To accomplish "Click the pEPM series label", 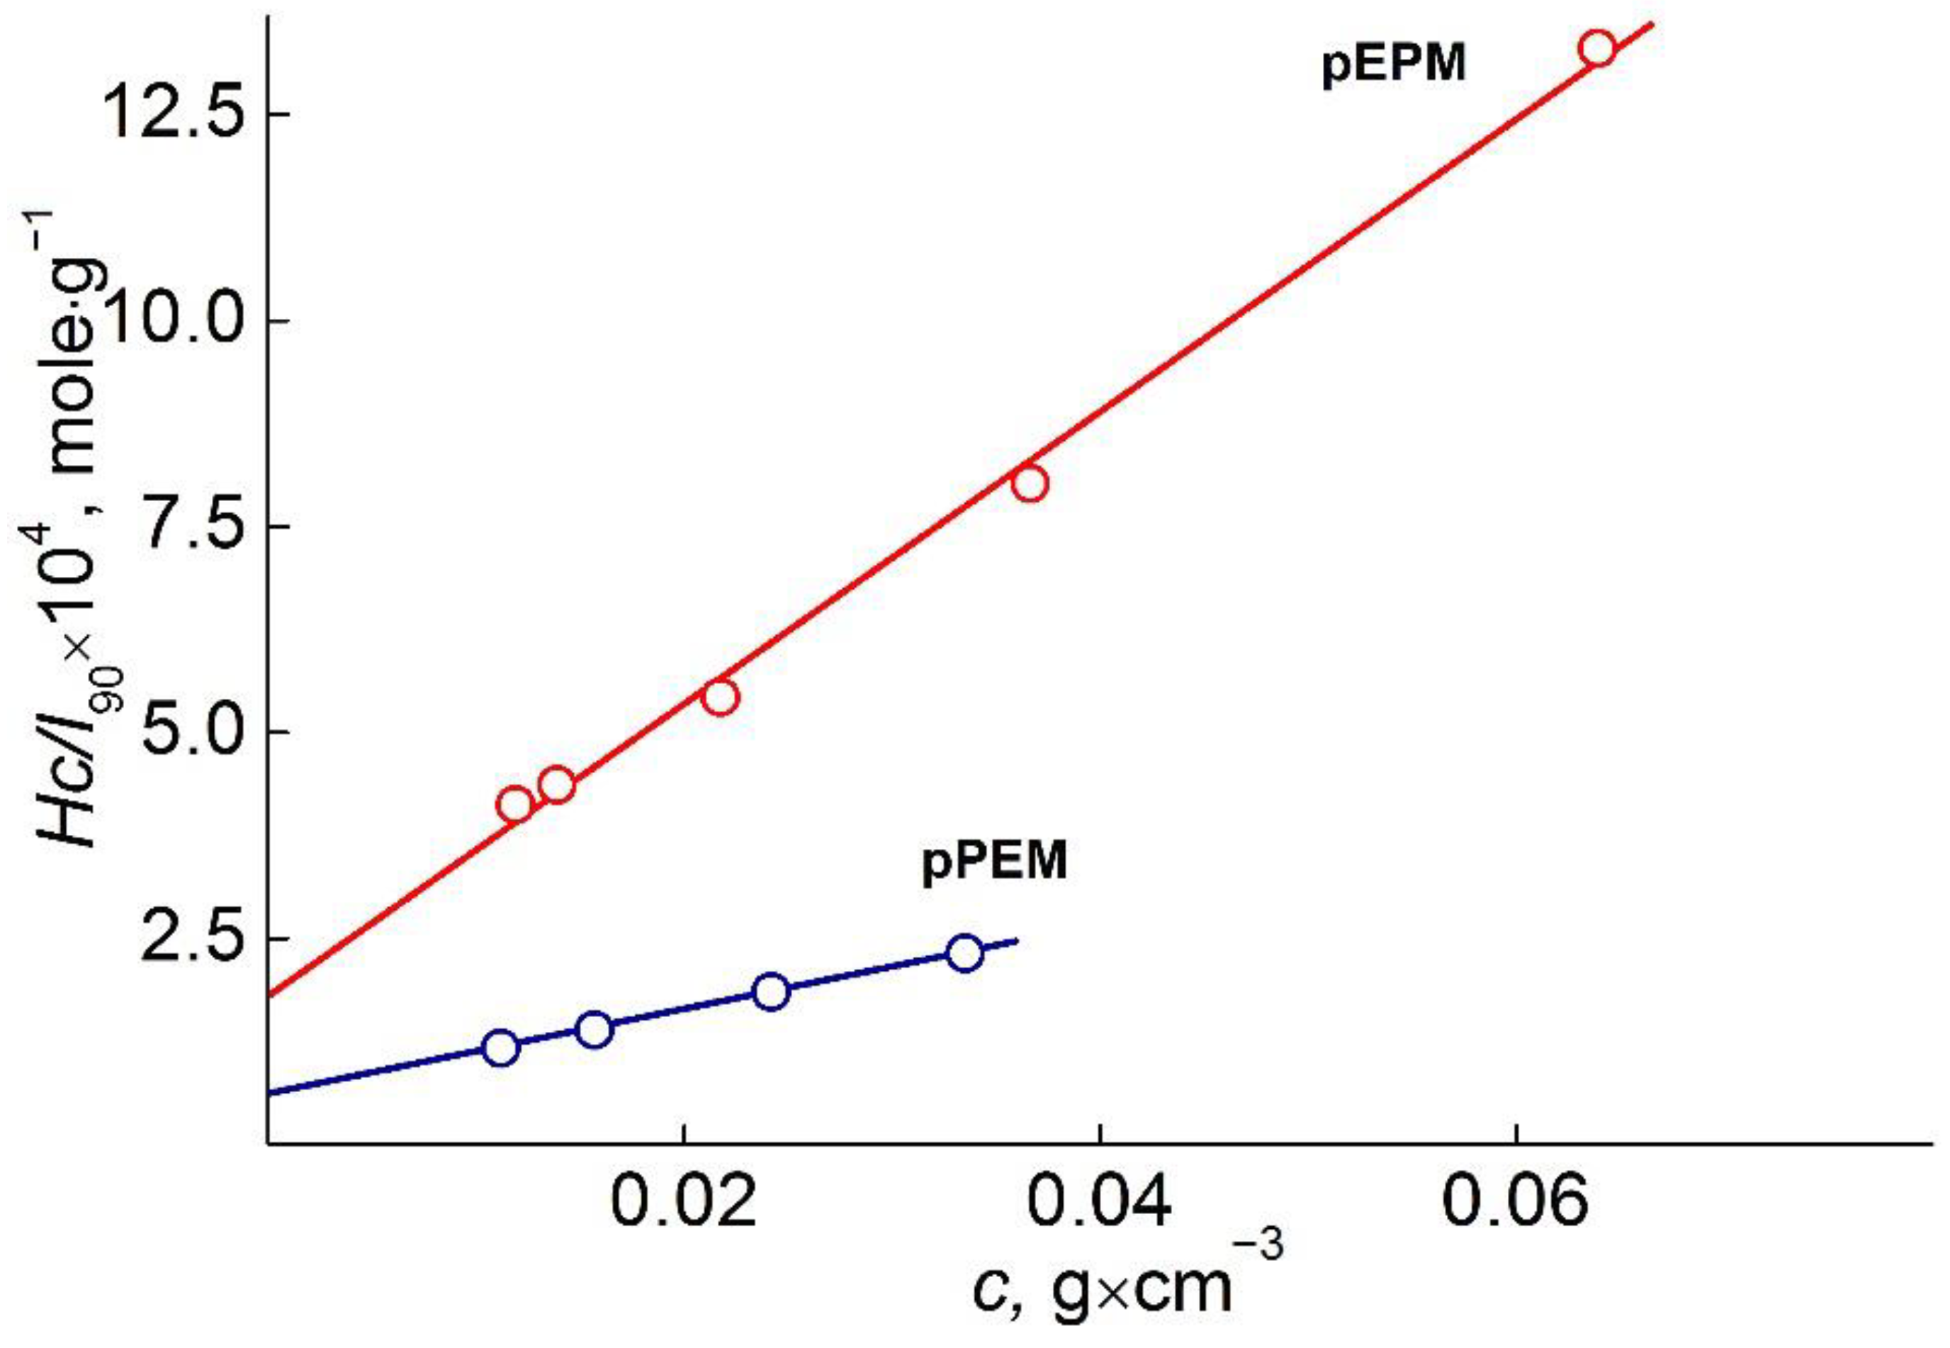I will click(1394, 64).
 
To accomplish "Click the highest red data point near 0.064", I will click(1598, 48).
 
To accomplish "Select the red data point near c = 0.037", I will click(1030, 484).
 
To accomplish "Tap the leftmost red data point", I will click(516, 805).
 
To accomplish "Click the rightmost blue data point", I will click(964, 953).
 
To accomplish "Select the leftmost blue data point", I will click(501, 1048).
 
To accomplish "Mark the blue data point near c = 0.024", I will click(771, 991).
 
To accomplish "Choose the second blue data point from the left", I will click(594, 1029).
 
